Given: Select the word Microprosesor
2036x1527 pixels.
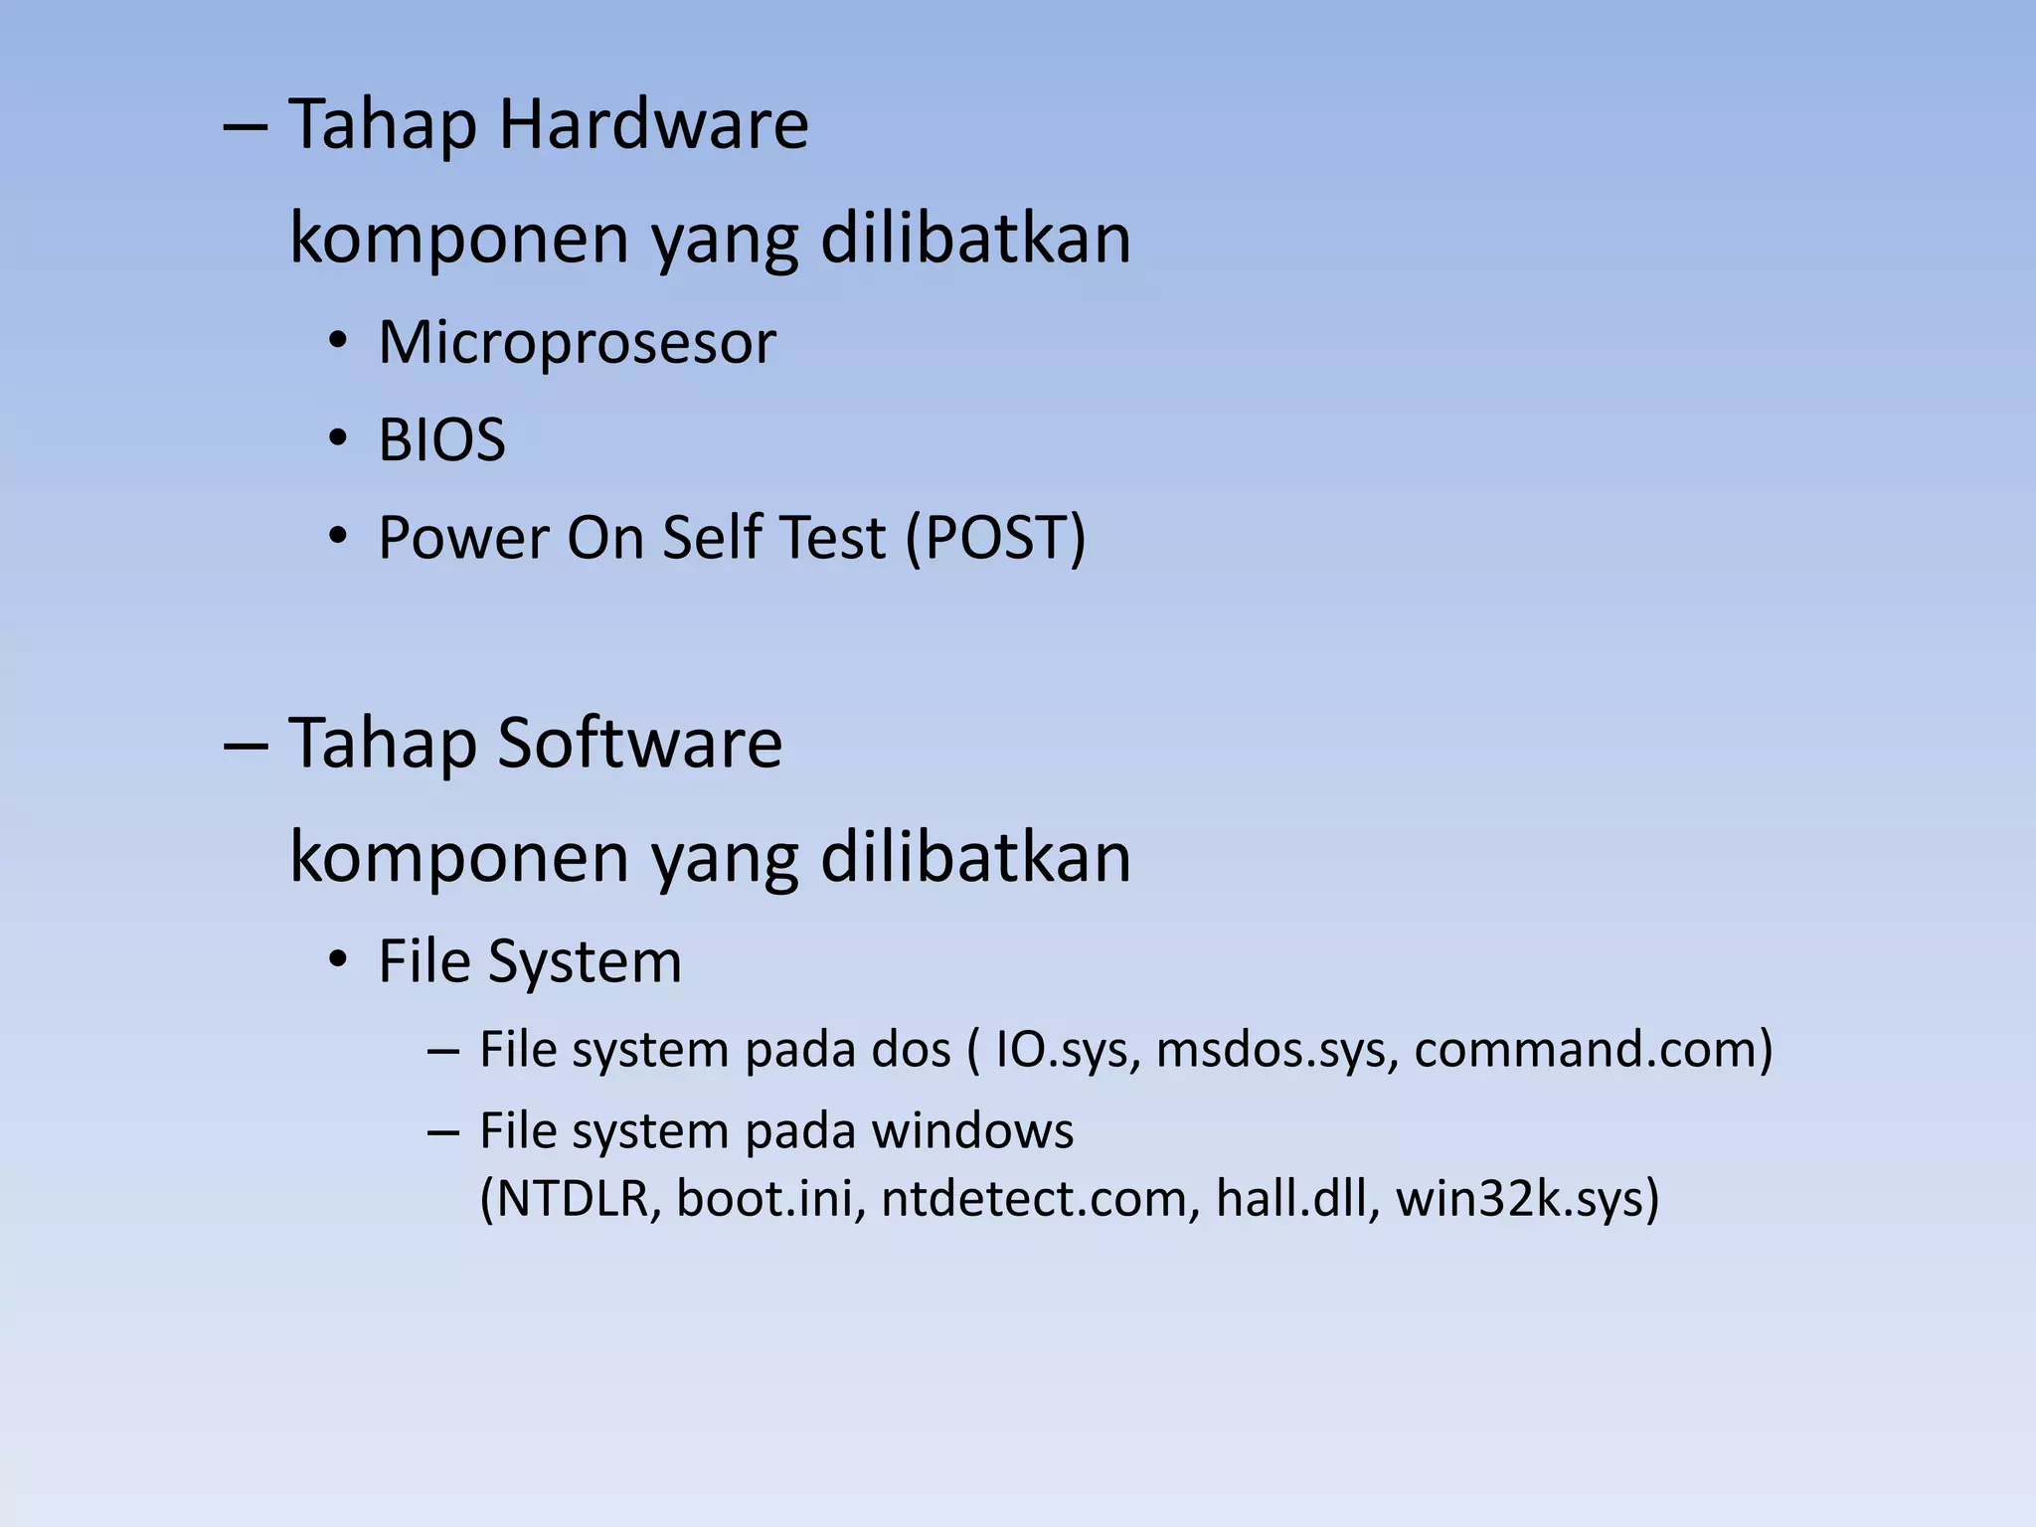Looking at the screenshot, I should [x=577, y=343].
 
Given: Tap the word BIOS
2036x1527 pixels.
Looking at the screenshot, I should [x=441, y=440].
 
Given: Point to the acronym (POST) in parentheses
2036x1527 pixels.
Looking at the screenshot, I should [x=995, y=538].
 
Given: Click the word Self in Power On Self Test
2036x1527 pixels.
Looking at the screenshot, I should [x=712, y=538].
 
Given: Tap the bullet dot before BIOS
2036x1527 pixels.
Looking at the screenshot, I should [x=338, y=439].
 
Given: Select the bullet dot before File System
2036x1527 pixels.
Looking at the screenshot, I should [x=338, y=961].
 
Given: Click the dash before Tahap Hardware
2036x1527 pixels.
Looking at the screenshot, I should [x=245, y=127].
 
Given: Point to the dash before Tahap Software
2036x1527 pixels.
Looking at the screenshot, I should [x=245, y=746].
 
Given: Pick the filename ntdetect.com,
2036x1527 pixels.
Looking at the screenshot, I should [x=1034, y=1199].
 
